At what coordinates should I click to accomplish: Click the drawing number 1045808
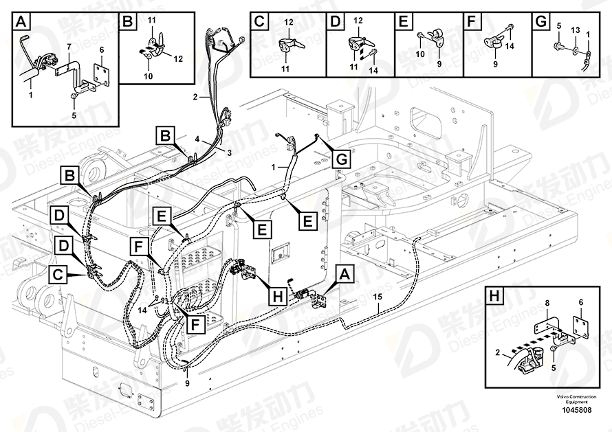pos(576,410)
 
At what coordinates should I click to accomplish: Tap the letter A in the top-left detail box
pos(21,21)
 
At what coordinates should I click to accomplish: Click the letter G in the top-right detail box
pos(541,21)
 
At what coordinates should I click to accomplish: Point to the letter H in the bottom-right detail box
pos(494,296)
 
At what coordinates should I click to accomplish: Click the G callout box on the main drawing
pos(341,159)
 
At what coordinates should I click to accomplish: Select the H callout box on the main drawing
pos(278,297)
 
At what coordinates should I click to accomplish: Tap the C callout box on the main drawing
pos(58,275)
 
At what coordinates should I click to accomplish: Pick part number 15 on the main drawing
pos(378,297)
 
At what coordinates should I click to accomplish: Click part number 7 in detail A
pos(69,47)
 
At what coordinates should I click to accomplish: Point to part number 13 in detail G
pos(576,30)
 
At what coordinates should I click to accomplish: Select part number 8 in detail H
pos(547,303)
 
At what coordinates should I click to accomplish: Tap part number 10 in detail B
pos(148,76)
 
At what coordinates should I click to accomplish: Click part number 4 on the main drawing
pos(197,139)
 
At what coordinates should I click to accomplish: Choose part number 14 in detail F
pos(510,46)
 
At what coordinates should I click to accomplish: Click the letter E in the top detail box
pos(404,21)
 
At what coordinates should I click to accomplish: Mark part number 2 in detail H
pos(498,353)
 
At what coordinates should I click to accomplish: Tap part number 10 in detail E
pos(420,54)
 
